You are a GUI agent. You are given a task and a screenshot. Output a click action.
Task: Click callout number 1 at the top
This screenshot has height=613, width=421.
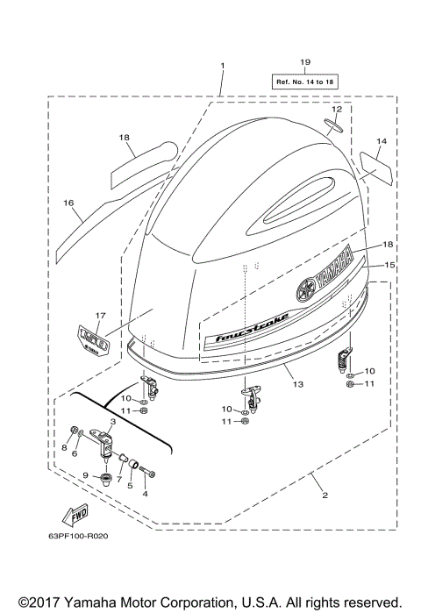point(223,66)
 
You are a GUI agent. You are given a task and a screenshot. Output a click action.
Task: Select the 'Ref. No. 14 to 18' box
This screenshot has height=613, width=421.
point(304,81)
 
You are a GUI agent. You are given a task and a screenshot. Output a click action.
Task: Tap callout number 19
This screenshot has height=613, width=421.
point(304,62)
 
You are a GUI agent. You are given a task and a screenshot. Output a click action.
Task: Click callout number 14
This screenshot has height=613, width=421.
point(381,140)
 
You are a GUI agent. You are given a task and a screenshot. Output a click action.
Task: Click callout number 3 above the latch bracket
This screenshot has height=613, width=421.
point(113,423)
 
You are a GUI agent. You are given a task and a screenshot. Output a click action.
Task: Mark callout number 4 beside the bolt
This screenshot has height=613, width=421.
point(146,494)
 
